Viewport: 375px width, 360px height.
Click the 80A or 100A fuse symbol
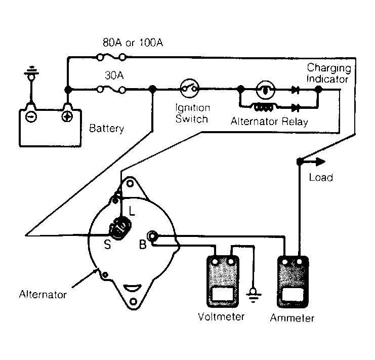point(112,57)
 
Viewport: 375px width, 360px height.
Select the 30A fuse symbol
point(112,90)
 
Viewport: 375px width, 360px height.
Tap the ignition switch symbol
point(189,89)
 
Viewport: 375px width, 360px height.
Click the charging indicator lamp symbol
point(265,90)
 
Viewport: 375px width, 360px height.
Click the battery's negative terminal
point(31,117)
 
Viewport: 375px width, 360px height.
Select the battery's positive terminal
point(67,117)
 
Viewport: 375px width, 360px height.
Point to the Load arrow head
point(321,162)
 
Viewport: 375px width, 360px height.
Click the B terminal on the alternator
point(152,236)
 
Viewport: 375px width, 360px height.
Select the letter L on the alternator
point(132,211)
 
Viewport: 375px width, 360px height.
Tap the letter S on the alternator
point(108,245)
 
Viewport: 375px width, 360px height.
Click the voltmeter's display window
point(223,294)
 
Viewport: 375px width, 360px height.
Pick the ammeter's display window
point(293,295)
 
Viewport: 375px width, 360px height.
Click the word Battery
point(107,129)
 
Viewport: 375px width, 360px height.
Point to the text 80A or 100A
point(133,43)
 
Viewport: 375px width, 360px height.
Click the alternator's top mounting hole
point(130,183)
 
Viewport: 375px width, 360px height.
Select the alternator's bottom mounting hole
point(134,301)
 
